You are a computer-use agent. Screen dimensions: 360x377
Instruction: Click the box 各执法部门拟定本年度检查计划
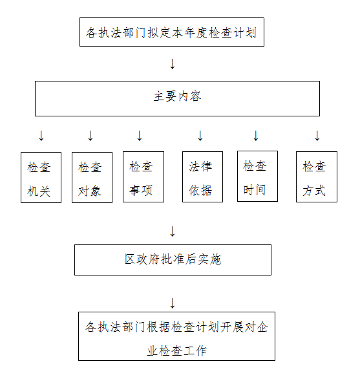pos(172,32)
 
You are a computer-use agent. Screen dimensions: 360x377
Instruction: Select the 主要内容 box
pos(177,98)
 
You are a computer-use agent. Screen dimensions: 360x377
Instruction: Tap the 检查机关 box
pos(41,177)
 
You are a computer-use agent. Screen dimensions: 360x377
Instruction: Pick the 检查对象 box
pos(92,177)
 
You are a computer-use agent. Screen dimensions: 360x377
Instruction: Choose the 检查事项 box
pos(143,177)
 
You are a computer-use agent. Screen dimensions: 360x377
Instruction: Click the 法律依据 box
pos(202,177)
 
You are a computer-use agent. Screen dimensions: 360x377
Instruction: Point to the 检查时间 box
pos(258,177)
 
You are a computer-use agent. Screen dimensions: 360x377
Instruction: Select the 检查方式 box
pos(317,177)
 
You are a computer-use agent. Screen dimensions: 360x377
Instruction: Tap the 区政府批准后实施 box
pos(173,260)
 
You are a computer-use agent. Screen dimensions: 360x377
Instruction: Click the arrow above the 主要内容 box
pos(173,64)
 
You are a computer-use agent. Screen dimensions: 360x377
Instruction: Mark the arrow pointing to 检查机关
pos(41,136)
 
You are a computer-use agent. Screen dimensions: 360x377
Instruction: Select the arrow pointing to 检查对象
pos(90,136)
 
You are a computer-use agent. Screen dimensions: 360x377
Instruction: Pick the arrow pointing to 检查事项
pos(140,136)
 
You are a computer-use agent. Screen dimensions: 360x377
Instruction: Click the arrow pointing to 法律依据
pos(200,136)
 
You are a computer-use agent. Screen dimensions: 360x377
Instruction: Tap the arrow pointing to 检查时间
pos(256,136)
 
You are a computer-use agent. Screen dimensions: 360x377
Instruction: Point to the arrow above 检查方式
pos(317,136)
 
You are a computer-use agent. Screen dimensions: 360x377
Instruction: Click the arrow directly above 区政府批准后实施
pos(173,232)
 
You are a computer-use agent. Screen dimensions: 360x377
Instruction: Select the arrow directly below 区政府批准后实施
pos(173,303)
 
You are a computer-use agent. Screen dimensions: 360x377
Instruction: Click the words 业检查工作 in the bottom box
pos(177,350)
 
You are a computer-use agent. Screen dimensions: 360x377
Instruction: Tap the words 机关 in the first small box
pos(39,191)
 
